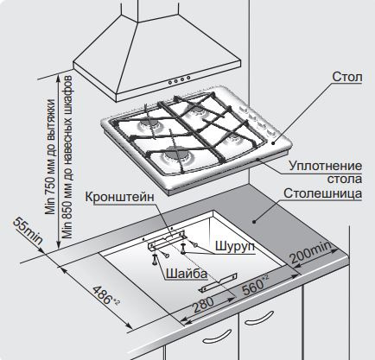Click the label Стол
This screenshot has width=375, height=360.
347,77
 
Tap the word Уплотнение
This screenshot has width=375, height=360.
326,166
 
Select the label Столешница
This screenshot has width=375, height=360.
322,193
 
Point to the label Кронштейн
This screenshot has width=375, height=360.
120,197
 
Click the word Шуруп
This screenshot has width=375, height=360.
235,246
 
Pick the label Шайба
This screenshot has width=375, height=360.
187,274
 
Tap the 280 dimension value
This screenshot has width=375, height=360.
204,305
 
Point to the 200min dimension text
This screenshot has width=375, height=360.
310,252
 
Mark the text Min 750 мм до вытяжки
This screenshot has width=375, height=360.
50,156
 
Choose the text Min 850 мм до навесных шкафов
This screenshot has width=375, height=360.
67,157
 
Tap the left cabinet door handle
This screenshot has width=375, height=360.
217,337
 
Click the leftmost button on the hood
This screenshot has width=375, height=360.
170,82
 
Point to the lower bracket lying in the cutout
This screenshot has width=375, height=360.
219,282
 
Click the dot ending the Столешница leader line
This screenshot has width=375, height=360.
254,221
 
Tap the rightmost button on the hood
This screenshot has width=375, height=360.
188,78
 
